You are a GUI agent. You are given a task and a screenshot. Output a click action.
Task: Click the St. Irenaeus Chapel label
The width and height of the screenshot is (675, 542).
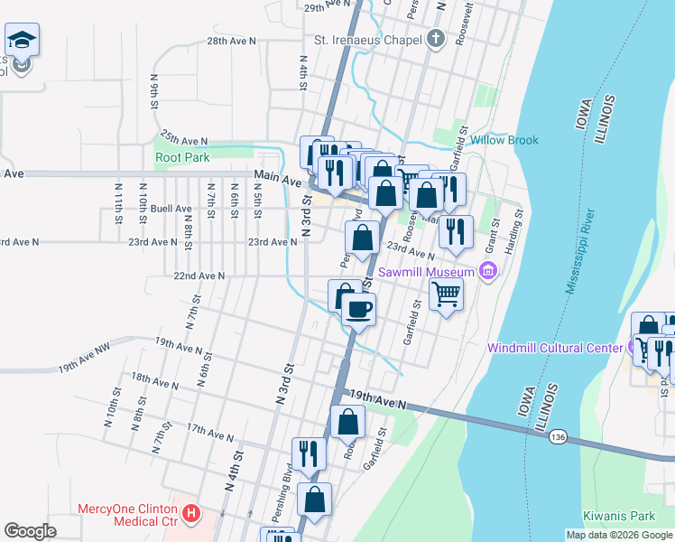click(x=367, y=40)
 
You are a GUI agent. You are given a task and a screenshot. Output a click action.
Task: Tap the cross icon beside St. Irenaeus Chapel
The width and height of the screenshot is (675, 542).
click(x=436, y=39)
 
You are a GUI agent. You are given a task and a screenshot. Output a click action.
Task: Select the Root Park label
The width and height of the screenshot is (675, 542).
click(x=181, y=157)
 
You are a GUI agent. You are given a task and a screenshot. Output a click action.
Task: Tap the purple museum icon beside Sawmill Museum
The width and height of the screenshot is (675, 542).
click(x=488, y=270)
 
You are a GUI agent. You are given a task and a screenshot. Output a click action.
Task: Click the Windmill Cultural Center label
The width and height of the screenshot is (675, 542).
click(x=554, y=348)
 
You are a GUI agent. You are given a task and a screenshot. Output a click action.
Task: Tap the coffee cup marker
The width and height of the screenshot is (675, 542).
click(x=359, y=309)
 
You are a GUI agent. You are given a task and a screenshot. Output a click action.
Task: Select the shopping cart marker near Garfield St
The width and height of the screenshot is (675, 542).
click(x=447, y=293)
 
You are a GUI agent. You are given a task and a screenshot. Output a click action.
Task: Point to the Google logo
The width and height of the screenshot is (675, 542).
click(x=30, y=531)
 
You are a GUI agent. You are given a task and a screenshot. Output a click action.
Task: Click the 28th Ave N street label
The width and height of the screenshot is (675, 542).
click(x=231, y=42)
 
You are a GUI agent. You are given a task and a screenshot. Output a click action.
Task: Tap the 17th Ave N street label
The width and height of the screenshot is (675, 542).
click(x=208, y=435)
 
